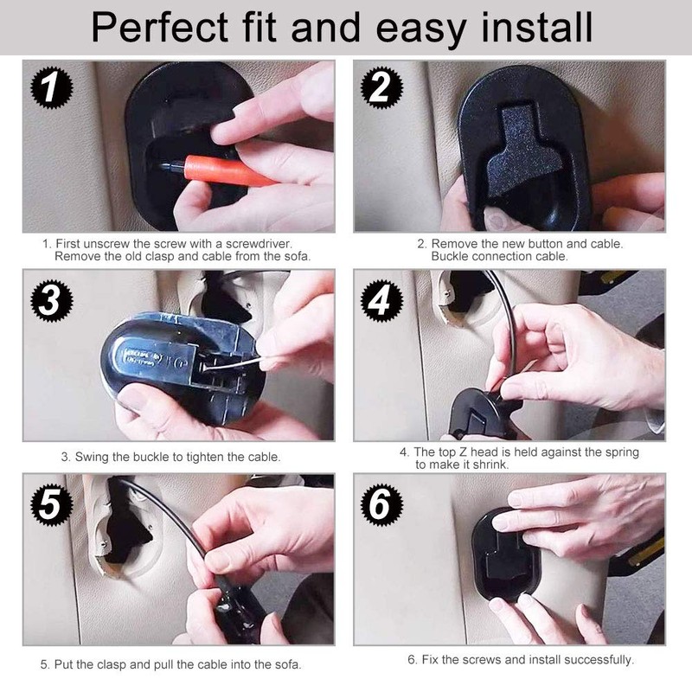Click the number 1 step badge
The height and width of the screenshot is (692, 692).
coord(52,87)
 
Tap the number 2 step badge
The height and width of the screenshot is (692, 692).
coord(381,87)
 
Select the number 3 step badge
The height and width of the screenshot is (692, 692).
coord(52,300)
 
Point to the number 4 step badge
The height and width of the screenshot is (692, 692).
coord(381,300)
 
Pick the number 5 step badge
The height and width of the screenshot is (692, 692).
coord(52,504)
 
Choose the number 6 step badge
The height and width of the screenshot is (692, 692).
coord(381,504)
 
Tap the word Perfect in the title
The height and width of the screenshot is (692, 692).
coord(160,28)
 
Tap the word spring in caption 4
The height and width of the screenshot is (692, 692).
coord(622,452)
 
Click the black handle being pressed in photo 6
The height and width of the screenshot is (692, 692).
coord(506,557)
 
